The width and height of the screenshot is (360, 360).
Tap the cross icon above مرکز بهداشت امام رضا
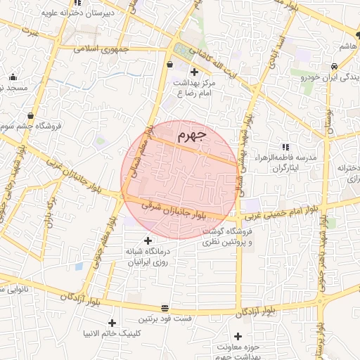tap(194, 71)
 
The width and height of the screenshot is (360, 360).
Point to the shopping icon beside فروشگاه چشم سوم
tap(30, 115)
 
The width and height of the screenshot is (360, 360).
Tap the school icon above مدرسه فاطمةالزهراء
tap(286, 146)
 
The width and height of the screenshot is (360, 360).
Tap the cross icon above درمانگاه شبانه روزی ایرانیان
tap(148, 240)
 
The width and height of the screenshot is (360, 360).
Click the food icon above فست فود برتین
tap(165, 308)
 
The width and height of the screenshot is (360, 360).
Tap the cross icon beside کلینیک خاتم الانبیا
tap(112, 323)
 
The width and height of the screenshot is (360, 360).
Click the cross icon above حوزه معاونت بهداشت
tap(238, 336)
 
